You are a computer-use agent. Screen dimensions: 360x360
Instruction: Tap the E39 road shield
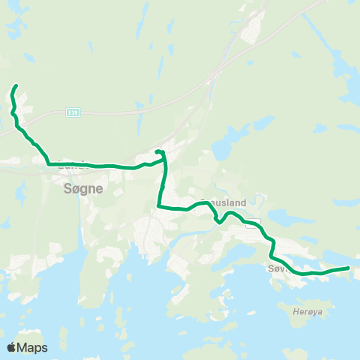point(72,112)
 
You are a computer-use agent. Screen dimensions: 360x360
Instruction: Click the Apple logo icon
point(12,347)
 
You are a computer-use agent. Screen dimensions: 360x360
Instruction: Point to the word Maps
point(33,347)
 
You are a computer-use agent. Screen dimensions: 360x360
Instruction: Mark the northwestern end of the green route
point(16,88)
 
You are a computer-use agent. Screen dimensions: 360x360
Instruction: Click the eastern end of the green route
point(349,267)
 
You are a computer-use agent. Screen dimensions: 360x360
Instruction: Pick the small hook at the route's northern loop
point(158,152)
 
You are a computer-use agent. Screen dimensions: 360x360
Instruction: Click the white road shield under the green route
point(254,222)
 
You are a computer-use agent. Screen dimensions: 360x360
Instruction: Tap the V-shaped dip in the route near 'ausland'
point(217,220)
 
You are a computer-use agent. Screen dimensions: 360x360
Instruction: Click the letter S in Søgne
point(61,190)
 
